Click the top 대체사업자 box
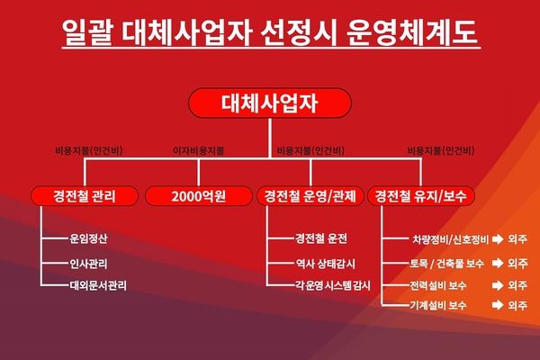(x=270, y=103)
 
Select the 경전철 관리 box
(x=85, y=196)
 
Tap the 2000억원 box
(x=199, y=196)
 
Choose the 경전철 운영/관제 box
(x=310, y=196)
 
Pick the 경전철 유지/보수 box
(x=421, y=196)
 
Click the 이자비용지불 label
(x=198, y=150)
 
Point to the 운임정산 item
(x=88, y=238)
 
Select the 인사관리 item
(x=88, y=264)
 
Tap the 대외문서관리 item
(x=98, y=285)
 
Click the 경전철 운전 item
(x=321, y=238)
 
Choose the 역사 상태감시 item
(x=326, y=264)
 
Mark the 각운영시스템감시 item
(x=333, y=285)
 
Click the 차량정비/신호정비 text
(x=451, y=239)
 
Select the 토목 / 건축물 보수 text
(x=446, y=264)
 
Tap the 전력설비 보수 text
(x=438, y=285)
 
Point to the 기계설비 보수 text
(x=438, y=305)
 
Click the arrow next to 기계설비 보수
(x=498, y=305)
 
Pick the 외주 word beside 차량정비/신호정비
(x=517, y=239)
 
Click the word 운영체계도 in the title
(x=412, y=32)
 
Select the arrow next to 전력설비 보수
(x=498, y=285)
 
